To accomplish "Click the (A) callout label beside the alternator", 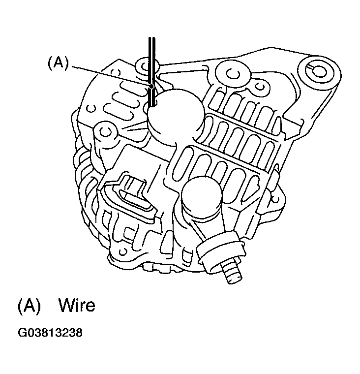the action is pos(58,63).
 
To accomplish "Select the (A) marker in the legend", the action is pos(30,305).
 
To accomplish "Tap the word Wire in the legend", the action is pos(77,305).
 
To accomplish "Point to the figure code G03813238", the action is pos(50,333).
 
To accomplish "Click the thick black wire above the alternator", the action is pos(152,71).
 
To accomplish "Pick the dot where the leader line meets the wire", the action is pos(151,86).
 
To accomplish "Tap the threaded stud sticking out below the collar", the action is pos(232,272).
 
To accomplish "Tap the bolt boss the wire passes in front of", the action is pos(147,65).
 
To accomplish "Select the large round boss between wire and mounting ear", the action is pos(232,74).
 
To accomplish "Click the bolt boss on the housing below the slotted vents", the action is pos(105,132).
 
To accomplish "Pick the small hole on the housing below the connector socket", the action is pos(123,251).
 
